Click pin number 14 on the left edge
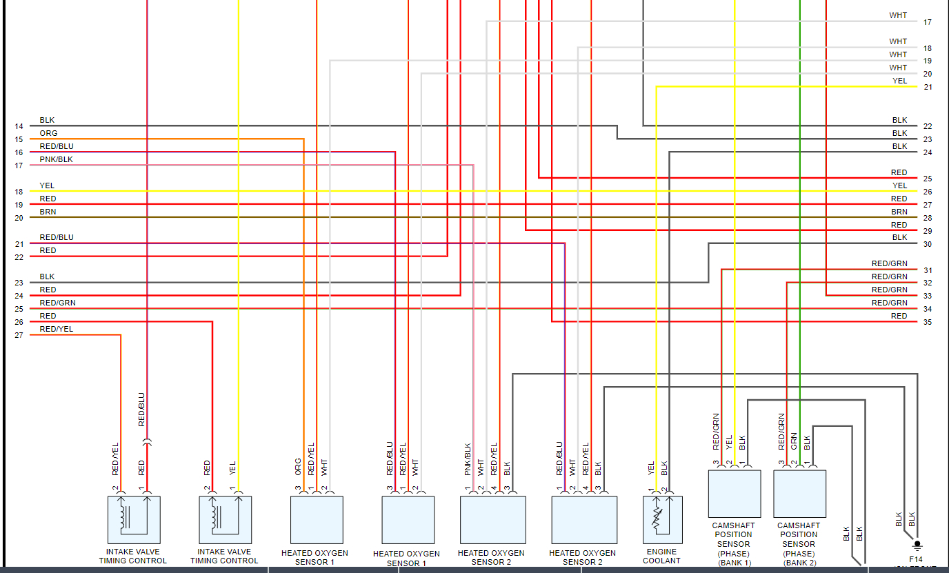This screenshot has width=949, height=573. [x=19, y=127]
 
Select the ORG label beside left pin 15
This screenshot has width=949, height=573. [x=48, y=134]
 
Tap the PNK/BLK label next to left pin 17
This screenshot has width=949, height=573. [x=56, y=160]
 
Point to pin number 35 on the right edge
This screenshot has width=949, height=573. [x=928, y=323]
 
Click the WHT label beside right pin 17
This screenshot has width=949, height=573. [x=898, y=16]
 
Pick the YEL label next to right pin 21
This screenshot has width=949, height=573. [x=900, y=81]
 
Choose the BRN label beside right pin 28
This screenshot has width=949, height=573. [x=899, y=212]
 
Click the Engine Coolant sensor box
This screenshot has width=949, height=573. [x=662, y=519]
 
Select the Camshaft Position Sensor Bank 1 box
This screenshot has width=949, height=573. [x=735, y=494]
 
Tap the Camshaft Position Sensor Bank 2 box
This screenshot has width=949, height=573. [x=799, y=494]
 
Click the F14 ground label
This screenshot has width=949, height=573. [x=916, y=559]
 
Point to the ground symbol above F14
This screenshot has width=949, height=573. [x=917, y=544]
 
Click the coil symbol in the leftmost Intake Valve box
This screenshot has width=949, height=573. [x=124, y=518]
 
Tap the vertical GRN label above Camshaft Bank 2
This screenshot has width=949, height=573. [x=794, y=440]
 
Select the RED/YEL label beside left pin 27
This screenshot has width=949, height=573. [x=56, y=330]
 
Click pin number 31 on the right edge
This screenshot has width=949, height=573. [x=928, y=270]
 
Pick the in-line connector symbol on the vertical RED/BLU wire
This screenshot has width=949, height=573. [x=147, y=440]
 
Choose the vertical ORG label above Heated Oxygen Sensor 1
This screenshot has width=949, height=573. [x=298, y=466]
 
